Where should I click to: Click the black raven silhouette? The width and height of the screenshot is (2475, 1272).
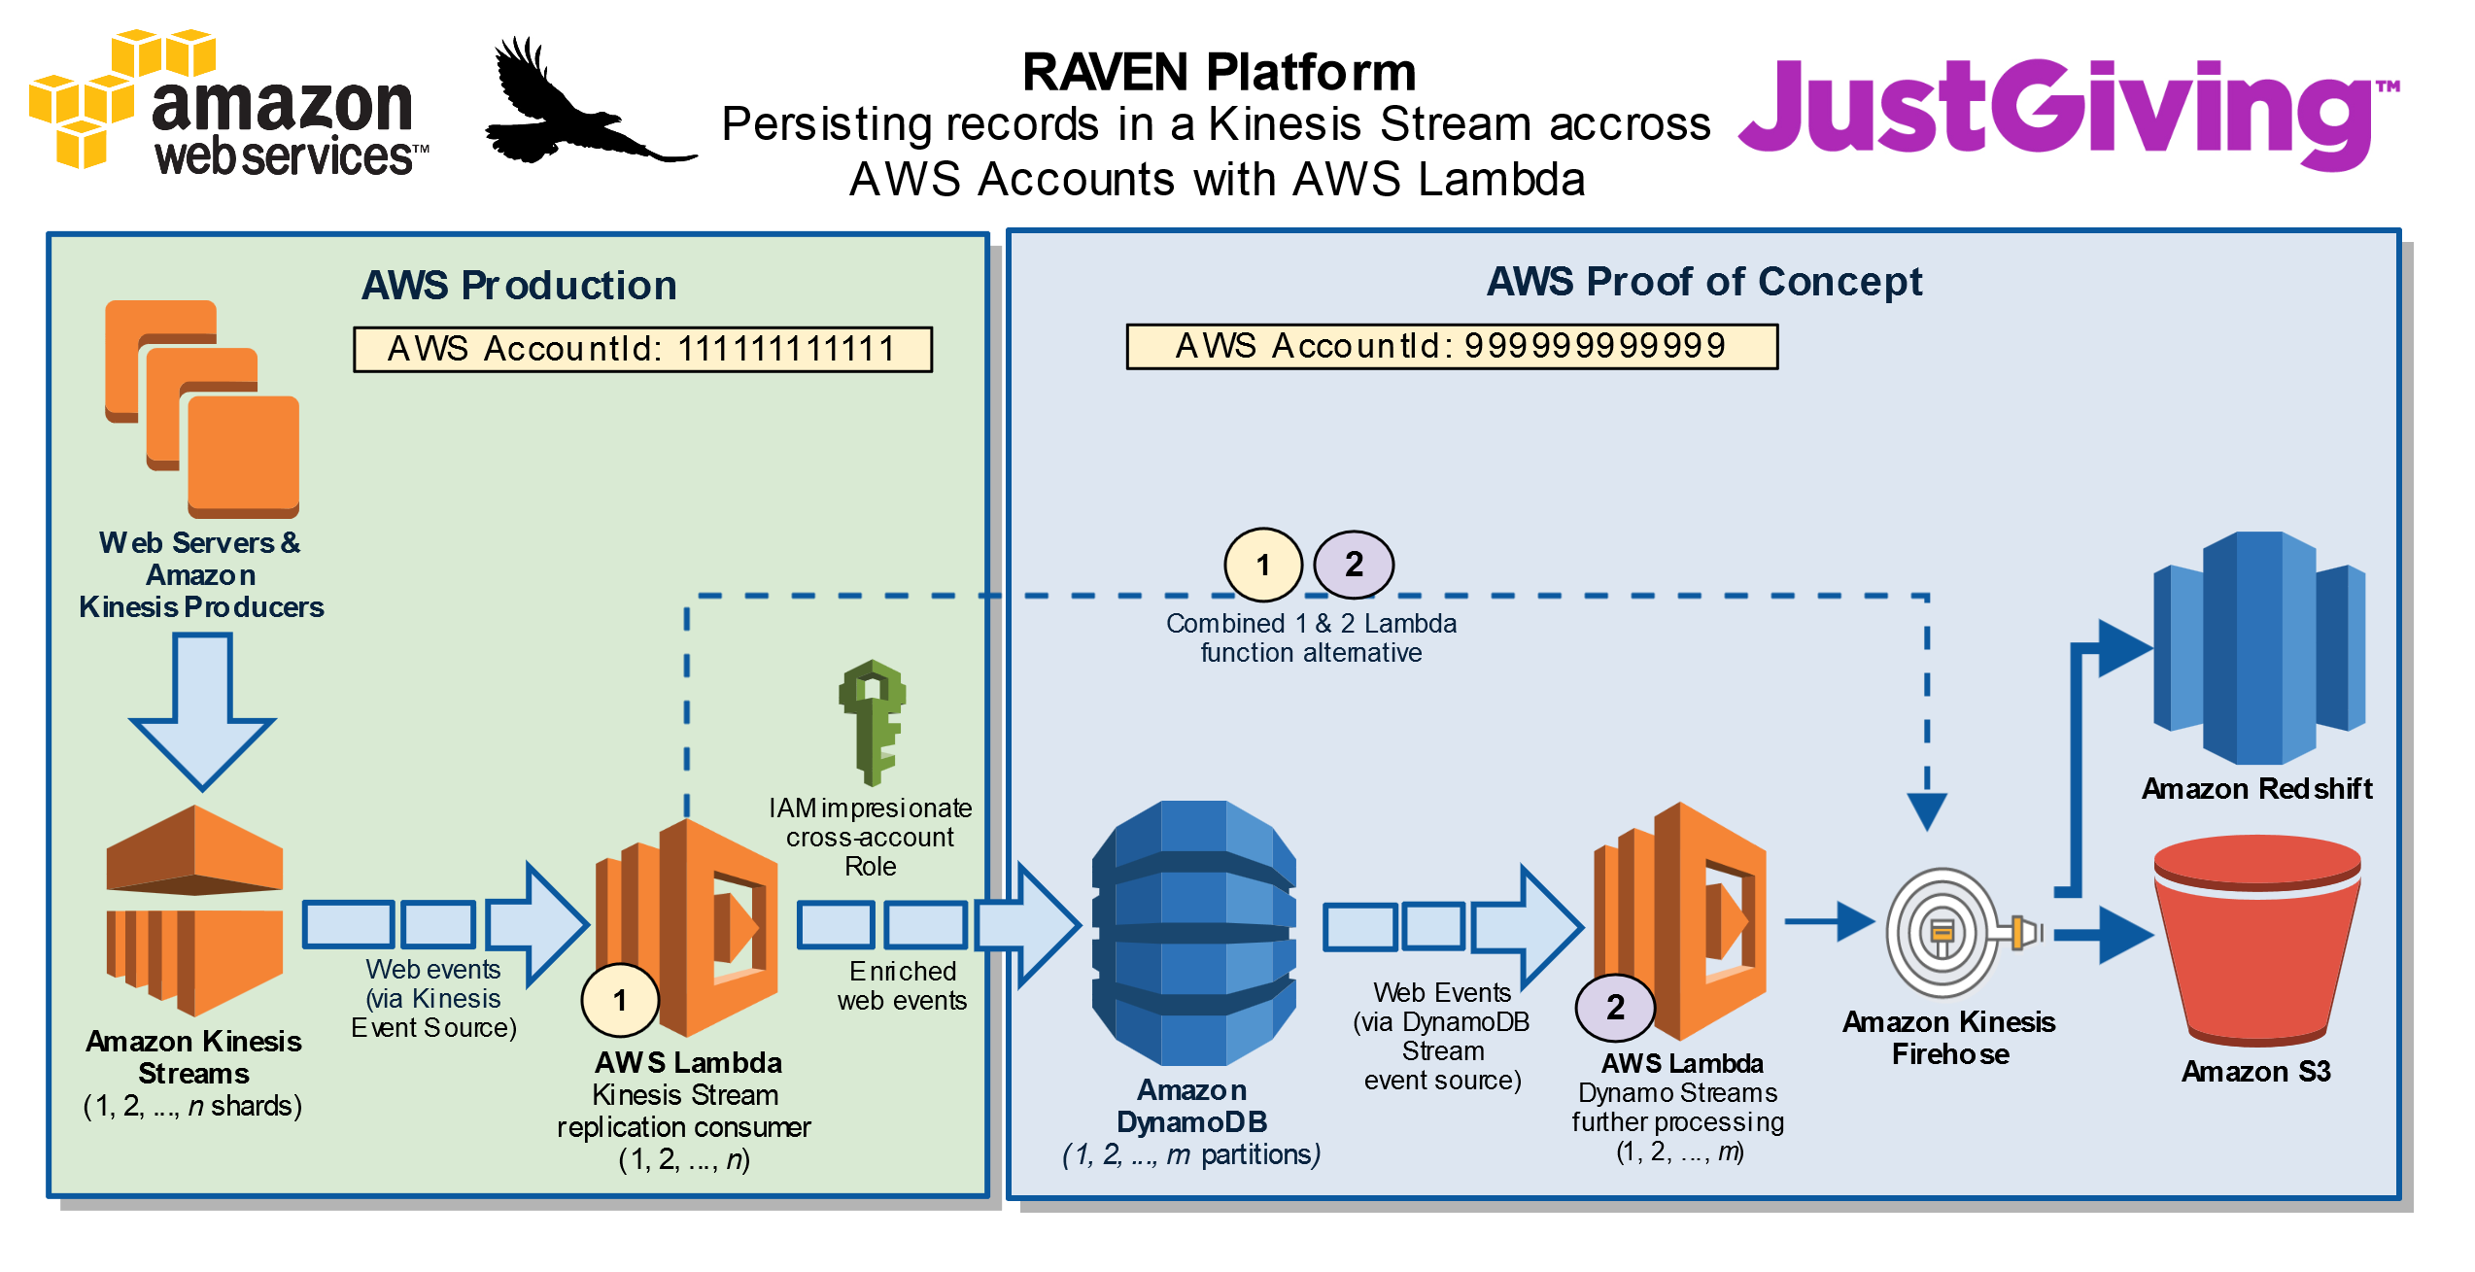tap(588, 102)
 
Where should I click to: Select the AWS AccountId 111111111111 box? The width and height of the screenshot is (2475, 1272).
tap(642, 349)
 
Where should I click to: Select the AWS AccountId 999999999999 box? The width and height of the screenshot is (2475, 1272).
tap(1452, 346)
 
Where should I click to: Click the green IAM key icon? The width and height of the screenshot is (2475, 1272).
tap(872, 722)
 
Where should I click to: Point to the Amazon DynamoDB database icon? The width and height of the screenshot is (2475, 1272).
tap(1193, 933)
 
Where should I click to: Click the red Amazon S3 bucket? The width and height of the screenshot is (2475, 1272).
tap(2256, 940)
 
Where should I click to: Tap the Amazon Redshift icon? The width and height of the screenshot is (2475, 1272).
tap(2259, 648)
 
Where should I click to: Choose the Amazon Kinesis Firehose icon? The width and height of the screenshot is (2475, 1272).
tap(1963, 933)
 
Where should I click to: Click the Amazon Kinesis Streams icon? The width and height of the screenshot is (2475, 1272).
tap(194, 911)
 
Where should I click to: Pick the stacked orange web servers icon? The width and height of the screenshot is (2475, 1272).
tap(202, 409)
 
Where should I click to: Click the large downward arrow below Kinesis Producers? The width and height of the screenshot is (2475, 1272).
tap(202, 711)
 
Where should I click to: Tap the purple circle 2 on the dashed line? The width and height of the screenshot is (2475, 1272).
tap(1354, 565)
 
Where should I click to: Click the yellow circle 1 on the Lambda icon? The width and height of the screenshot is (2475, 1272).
tap(620, 1000)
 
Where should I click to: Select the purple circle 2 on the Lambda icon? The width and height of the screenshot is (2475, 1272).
tap(1615, 1008)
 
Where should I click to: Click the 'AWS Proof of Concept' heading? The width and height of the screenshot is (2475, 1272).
tap(1704, 282)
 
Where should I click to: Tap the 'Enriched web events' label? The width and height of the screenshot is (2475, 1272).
tap(902, 985)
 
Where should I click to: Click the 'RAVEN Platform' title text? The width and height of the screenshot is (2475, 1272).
tap(1219, 72)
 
